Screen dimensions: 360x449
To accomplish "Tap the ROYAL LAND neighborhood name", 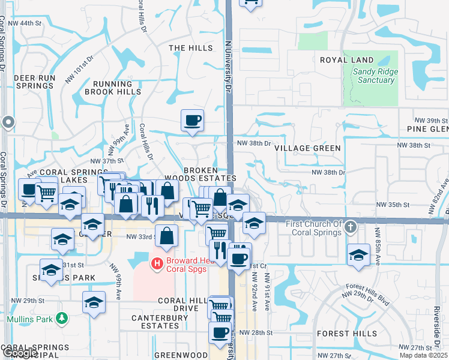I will point(346,60).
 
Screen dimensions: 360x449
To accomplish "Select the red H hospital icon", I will point(157,263).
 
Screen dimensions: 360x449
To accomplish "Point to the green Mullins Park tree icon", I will point(61,317).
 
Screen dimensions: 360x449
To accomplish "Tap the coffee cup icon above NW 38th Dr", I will point(192,121).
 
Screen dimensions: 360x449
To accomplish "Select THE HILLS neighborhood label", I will point(190,48).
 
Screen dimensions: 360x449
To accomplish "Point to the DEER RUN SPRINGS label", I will point(34,82).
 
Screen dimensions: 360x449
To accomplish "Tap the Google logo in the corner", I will point(19,353).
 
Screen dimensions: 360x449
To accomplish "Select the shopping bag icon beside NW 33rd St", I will point(167,236).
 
